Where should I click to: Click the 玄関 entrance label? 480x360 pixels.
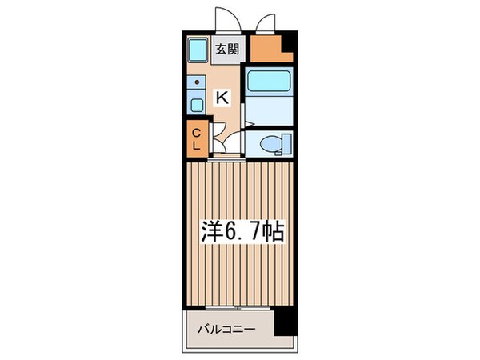[x=227, y=50]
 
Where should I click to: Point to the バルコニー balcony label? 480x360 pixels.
[x=227, y=329]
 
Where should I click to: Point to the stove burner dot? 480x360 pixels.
[x=195, y=82]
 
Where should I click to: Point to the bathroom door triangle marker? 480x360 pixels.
[x=248, y=123]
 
